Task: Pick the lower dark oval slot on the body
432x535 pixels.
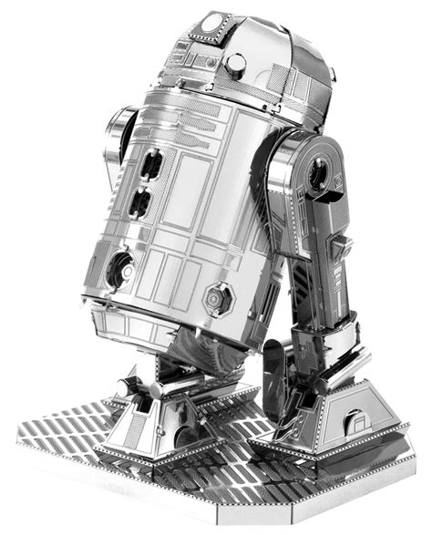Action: coord(142,202)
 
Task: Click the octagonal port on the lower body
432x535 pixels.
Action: coord(217,297)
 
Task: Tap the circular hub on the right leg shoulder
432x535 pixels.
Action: coord(320,172)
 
